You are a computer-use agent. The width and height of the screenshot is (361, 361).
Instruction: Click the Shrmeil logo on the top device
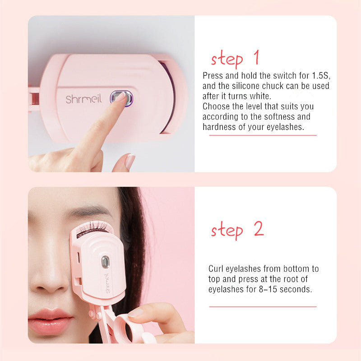coord(83,99)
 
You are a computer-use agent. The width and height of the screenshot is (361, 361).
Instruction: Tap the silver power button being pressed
coord(121,98)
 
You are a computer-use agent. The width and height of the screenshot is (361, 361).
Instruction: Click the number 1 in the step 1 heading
coord(256,57)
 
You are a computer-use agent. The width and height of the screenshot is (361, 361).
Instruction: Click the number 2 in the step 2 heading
coord(259,228)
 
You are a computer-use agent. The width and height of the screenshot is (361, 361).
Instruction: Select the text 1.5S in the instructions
coord(321,75)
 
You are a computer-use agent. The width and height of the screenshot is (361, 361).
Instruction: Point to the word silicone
coord(246,86)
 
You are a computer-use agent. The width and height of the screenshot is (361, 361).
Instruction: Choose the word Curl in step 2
coord(216,268)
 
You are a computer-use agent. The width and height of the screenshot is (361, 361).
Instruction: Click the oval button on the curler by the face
coord(105,262)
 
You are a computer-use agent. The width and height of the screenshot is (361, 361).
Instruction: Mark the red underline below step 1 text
coord(263,135)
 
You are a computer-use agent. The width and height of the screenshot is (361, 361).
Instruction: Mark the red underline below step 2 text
coord(263,307)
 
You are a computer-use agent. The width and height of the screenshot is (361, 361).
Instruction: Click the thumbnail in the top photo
coord(130,161)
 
